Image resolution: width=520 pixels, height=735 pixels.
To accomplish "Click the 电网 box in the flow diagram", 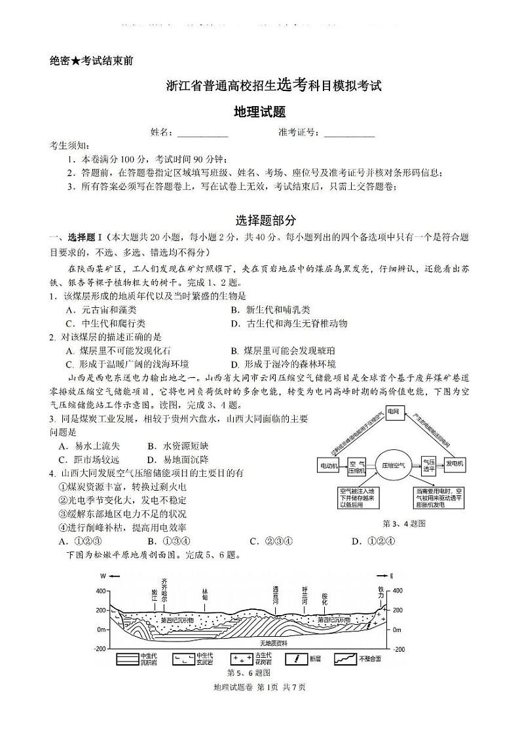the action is click(393, 411).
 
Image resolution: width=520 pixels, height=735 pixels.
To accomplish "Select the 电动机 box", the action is click(328, 465).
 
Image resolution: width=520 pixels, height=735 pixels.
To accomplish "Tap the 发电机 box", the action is click(455, 464).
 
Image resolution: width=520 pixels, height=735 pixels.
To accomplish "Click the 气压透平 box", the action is click(428, 464).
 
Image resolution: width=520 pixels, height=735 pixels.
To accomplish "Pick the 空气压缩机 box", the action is click(356, 465).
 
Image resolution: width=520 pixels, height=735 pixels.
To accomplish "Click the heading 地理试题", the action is click(259, 112).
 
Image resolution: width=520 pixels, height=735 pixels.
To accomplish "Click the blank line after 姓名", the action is click(202, 134).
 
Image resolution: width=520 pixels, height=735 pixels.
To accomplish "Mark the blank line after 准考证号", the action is click(349, 134).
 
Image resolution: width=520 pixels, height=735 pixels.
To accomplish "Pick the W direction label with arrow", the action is click(107, 576).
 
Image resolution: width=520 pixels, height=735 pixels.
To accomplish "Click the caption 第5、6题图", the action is click(249, 673).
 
